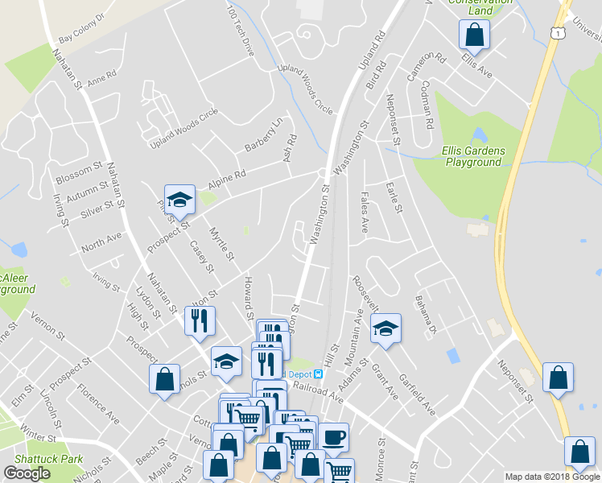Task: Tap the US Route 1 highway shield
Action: coord(555,31)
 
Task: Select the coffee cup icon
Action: coord(333,437)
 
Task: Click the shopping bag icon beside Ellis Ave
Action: coord(474,35)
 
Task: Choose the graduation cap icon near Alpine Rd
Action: coord(179,200)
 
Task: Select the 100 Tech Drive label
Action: coord(240,32)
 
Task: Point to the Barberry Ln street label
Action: coord(265,135)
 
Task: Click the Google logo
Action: coord(27,473)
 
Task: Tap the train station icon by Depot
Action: coord(319,374)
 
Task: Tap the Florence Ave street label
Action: coord(97,404)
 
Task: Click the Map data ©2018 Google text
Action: coord(552,477)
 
